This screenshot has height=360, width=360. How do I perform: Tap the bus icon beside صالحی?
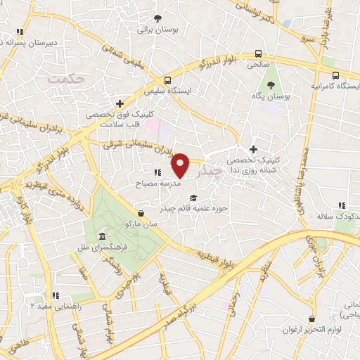click(x=259, y=53)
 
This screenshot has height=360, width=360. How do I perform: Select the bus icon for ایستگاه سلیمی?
click(x=166, y=80)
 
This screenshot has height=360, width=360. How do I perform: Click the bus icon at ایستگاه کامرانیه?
click(x=335, y=75)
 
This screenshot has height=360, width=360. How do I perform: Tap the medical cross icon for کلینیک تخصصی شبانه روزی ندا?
click(x=254, y=149)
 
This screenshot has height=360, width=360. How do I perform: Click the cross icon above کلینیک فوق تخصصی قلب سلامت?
click(x=120, y=103)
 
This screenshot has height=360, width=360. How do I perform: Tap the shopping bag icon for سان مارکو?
click(x=142, y=212)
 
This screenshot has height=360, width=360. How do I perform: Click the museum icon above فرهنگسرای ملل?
click(x=103, y=237)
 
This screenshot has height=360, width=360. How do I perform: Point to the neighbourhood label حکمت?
click(x=66, y=79)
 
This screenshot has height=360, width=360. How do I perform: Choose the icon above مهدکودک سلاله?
click(x=342, y=205)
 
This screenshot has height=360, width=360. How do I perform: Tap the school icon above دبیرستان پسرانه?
click(x=20, y=32)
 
